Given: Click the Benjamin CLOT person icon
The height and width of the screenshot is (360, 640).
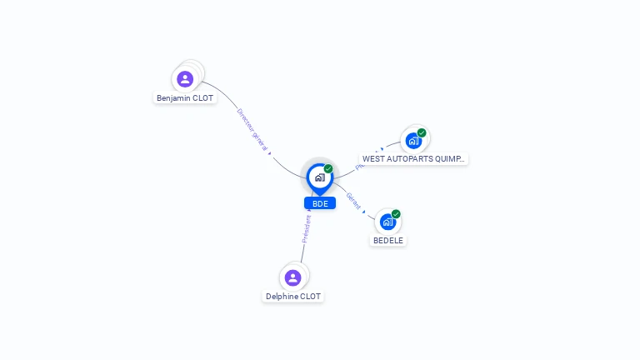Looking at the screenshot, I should (x=185, y=79).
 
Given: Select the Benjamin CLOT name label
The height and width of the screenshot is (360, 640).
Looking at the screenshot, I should (x=185, y=98).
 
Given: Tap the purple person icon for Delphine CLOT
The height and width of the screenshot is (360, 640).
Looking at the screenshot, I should (x=292, y=277).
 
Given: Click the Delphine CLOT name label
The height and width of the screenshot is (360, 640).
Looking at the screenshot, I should (x=293, y=297).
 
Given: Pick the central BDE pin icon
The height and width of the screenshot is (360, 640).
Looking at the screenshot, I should (x=319, y=177).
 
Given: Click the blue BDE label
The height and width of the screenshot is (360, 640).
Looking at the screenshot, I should (x=320, y=203).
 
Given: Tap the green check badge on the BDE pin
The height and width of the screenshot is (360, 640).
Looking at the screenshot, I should (x=328, y=169).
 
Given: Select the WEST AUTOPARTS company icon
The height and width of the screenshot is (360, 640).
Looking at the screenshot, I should (x=413, y=141).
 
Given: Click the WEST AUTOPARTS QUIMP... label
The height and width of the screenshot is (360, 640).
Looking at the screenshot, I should (x=414, y=159).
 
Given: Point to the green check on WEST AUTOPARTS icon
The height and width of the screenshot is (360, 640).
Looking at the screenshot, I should (x=422, y=132).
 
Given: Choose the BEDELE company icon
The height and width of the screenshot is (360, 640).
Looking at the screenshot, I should (x=387, y=222).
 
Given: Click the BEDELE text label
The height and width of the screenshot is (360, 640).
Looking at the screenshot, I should (x=388, y=241).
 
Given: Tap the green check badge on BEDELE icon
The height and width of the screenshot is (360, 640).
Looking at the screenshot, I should (x=396, y=214).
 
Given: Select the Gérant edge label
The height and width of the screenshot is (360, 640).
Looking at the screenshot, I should (x=354, y=201).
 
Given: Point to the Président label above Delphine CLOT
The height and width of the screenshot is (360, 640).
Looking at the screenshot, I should (x=306, y=228).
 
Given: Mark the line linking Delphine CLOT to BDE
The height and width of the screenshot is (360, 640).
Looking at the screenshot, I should (x=303, y=250).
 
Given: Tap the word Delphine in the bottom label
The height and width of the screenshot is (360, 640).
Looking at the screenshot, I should (x=281, y=297).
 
